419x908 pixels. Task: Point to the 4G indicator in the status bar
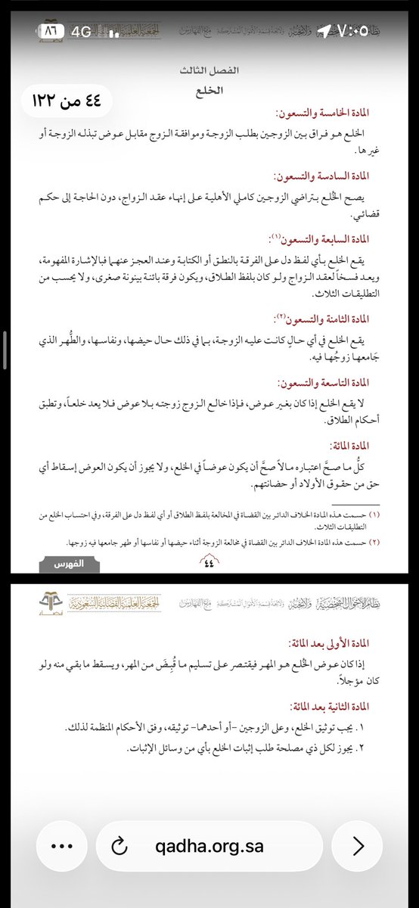click(81, 30)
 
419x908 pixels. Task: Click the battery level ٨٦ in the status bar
click(51, 30)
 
